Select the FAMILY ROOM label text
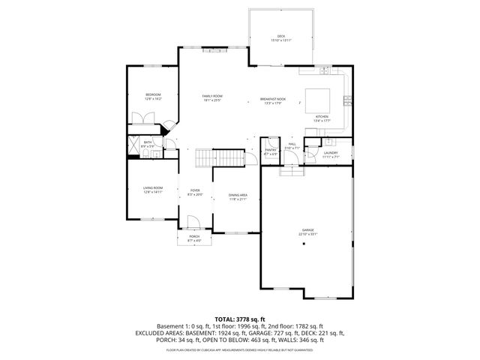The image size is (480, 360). pos(212,96)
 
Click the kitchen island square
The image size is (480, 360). pos(316,99)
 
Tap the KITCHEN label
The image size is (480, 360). pos(321,118)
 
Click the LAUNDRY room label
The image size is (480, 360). pos(330,153)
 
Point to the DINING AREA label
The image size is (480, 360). pos(238,196)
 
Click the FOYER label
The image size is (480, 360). pos(195,191)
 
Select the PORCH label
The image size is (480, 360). pos(194,237)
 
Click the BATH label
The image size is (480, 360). pos(148,142)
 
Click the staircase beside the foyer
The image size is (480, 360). pos(219,157)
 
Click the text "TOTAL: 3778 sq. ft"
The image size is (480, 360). pos(240,318)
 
